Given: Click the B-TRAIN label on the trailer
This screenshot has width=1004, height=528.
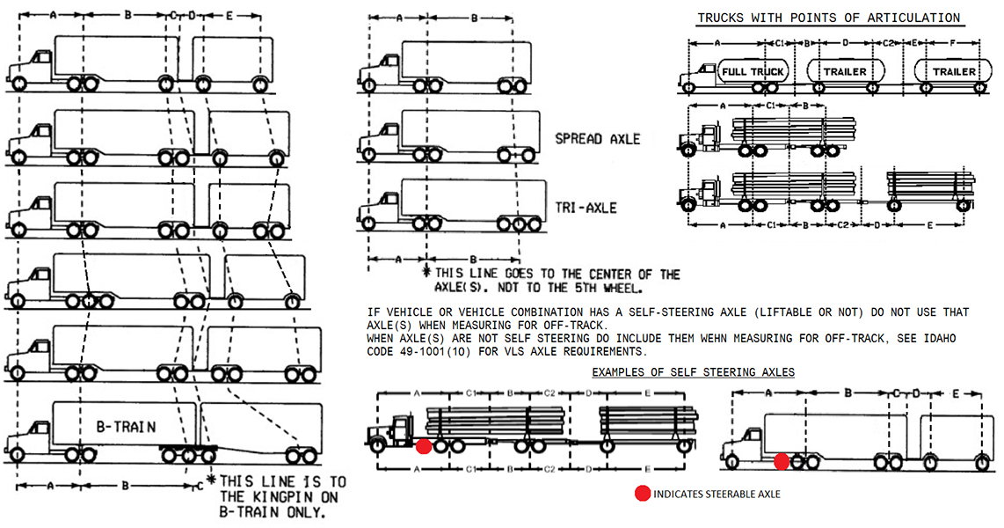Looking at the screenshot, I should coord(127,428).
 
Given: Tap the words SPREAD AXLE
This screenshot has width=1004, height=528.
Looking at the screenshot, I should coord(598,139).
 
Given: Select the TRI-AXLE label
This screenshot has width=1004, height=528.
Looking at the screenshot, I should coord(586,209).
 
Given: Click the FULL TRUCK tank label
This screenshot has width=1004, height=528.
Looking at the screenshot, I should coord(753,70).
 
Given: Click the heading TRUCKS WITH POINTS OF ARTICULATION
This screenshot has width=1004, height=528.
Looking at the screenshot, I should coord(828,18).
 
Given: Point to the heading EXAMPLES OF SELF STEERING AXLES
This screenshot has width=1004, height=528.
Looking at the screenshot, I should coord(693,372).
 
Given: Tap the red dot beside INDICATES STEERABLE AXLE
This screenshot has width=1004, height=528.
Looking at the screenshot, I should coord(642,494).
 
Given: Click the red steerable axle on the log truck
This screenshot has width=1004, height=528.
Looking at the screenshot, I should coord(424,446).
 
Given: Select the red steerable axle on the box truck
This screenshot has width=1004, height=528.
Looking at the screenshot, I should coord(782,461).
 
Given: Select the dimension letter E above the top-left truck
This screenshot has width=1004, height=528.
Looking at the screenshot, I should coord(229,16).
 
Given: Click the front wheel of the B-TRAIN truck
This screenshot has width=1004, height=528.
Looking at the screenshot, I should coord(18,454).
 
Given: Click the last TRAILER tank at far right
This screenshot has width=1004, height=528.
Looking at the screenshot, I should coord(953,70).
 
